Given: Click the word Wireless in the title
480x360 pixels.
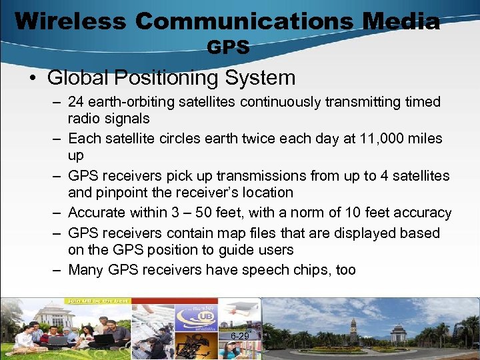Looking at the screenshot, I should [x=69, y=21].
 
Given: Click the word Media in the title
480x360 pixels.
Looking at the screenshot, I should [x=401, y=21].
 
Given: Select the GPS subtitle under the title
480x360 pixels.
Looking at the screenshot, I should [x=228, y=47].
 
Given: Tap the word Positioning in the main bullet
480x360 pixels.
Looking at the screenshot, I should [x=167, y=77].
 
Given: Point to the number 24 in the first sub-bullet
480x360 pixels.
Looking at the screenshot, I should [x=77, y=102].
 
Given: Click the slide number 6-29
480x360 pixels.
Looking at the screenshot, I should [x=240, y=336].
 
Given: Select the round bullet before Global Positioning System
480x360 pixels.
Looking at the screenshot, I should [x=33, y=78].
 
